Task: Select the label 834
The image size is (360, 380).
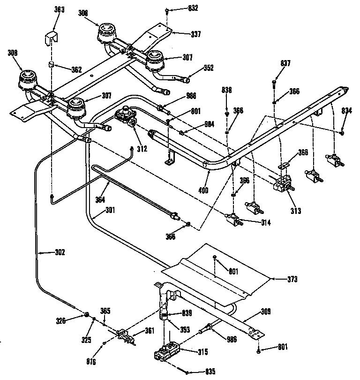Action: point(346,111)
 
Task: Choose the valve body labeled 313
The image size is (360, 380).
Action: point(282,185)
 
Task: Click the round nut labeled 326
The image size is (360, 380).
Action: point(87,315)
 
